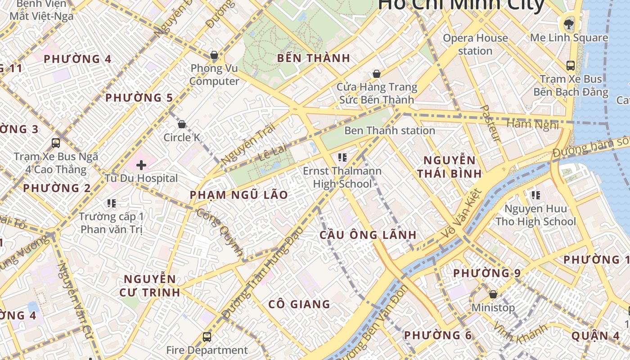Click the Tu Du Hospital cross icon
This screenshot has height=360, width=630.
pos(141,165)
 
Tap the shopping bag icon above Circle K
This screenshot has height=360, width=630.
pos(182,124)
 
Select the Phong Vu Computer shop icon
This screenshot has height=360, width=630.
pos(214,55)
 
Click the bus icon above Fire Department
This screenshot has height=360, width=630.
pos(207,337)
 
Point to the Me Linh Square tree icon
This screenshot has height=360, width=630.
pos(569,24)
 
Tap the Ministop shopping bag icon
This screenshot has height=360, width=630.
pos(493,294)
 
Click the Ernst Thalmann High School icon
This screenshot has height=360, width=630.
pos(342,157)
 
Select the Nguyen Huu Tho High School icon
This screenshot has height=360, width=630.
pos(535,195)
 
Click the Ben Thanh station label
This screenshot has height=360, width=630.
pos(390,130)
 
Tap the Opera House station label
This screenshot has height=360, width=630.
pos(475,44)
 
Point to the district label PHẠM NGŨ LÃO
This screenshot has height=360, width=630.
pos(238,195)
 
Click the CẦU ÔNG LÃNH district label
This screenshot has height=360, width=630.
pos(368,235)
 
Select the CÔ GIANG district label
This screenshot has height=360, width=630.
pos(299,304)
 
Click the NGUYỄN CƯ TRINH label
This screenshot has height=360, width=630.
pos(150,286)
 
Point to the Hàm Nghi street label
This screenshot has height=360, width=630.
pos(533,124)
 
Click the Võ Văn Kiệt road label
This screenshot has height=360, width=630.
pos(462,213)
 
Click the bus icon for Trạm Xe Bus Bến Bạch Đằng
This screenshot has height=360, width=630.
pos(571,66)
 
